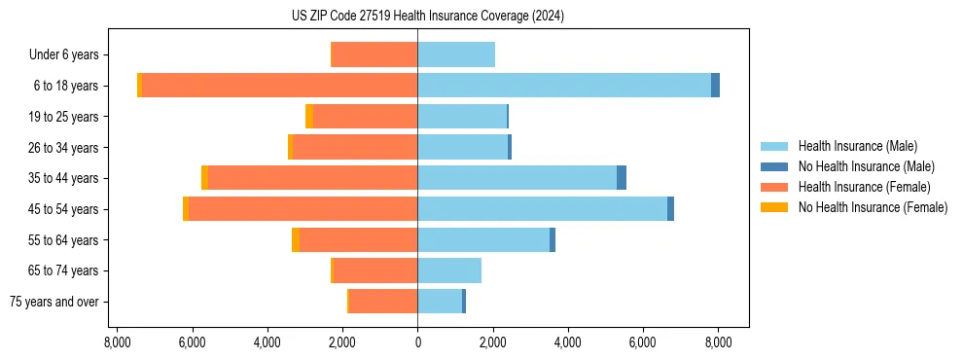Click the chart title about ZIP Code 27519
pos(427,17)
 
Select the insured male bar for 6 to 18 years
pos(564,86)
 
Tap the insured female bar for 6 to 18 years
pos(280,86)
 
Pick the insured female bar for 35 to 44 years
pos(312,178)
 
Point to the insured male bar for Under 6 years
pos(456,54)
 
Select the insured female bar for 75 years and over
pos(383,302)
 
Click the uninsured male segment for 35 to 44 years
pos(622,178)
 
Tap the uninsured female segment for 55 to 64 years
pos(296,240)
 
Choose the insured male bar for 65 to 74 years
pos(449,270)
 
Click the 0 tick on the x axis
pos(417,342)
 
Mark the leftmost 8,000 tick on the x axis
pos(117,342)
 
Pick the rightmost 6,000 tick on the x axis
pos(643,342)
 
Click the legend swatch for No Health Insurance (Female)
pos(774,207)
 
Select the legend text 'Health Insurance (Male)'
pos(857,146)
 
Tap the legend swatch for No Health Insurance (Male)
pos(774,166)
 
